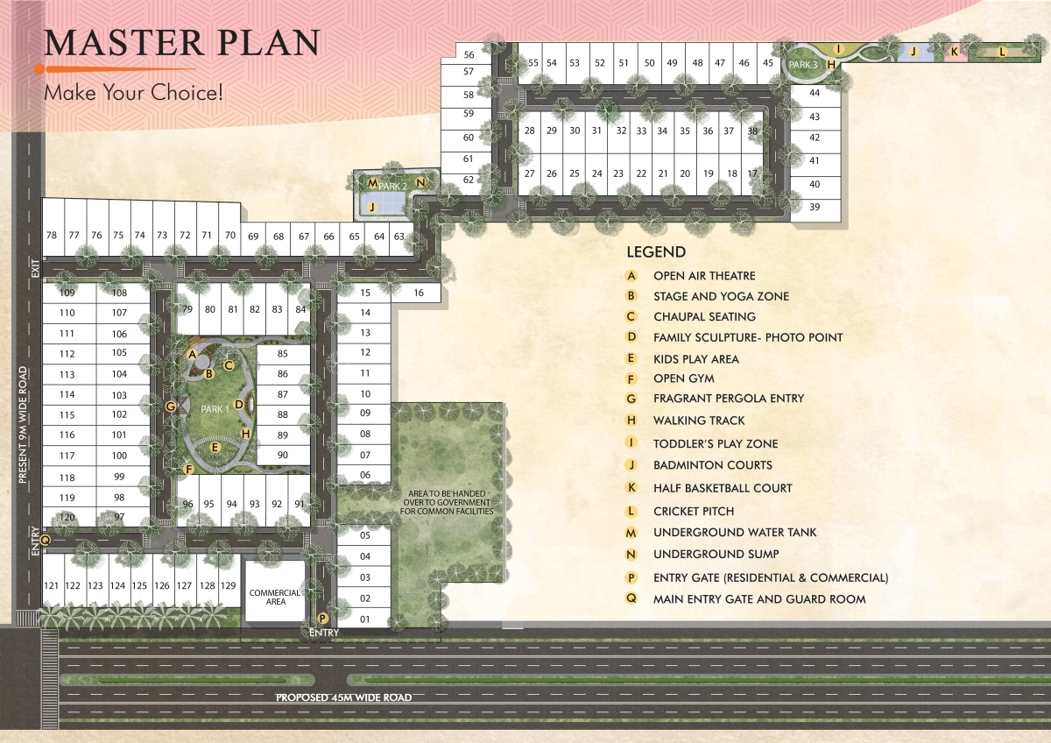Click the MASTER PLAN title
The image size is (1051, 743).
182,43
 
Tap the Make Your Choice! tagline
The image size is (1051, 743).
134,92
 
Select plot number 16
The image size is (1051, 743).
419,294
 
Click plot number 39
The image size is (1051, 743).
815,207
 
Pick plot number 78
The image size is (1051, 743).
52,235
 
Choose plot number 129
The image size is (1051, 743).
228,585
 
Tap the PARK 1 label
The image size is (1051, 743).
215,408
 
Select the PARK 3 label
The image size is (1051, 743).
803,65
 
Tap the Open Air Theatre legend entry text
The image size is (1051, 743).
704,276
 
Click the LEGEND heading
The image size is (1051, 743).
656,252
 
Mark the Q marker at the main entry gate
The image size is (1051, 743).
46,541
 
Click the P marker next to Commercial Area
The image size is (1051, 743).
323,618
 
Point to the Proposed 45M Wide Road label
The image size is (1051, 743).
343,697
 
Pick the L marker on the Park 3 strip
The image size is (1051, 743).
1002,52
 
